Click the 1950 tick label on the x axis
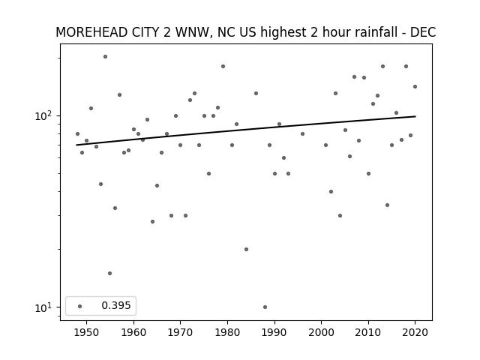pos(87,332)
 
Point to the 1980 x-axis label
pos(227,332)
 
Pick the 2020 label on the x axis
pos(415,332)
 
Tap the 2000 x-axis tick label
pos(321,332)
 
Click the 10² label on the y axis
pos(43,115)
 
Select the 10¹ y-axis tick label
pos(43,307)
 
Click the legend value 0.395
pos(116,305)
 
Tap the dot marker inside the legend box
pos(79,306)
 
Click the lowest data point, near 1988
pos(265,307)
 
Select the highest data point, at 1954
pos(105,57)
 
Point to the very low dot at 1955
pos(110,273)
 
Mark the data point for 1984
pos(247,250)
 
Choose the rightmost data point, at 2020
pos(415,87)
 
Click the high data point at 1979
pos(223,67)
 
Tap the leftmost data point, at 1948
pos(77,133)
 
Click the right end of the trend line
pos(415,116)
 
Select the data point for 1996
pos(302,133)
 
